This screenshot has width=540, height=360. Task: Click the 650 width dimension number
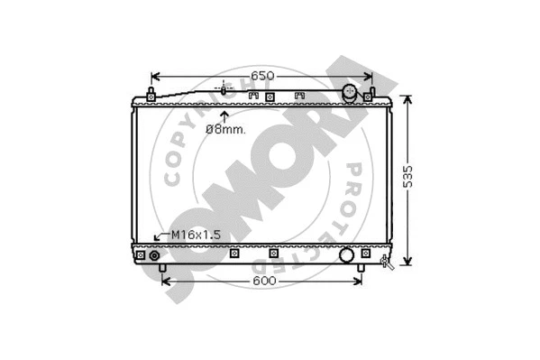(261, 75)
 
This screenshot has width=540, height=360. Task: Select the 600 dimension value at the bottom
(262, 282)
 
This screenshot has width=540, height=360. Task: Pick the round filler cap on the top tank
(350, 93)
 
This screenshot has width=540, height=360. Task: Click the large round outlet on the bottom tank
(347, 255)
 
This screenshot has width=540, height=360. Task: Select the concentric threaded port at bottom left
(154, 256)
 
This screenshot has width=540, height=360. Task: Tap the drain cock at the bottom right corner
(388, 262)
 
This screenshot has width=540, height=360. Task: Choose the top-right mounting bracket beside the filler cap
(370, 93)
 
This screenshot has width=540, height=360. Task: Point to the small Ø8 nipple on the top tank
(224, 90)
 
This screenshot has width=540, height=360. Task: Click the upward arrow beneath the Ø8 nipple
(224, 115)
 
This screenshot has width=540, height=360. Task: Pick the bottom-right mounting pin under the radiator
(362, 269)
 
